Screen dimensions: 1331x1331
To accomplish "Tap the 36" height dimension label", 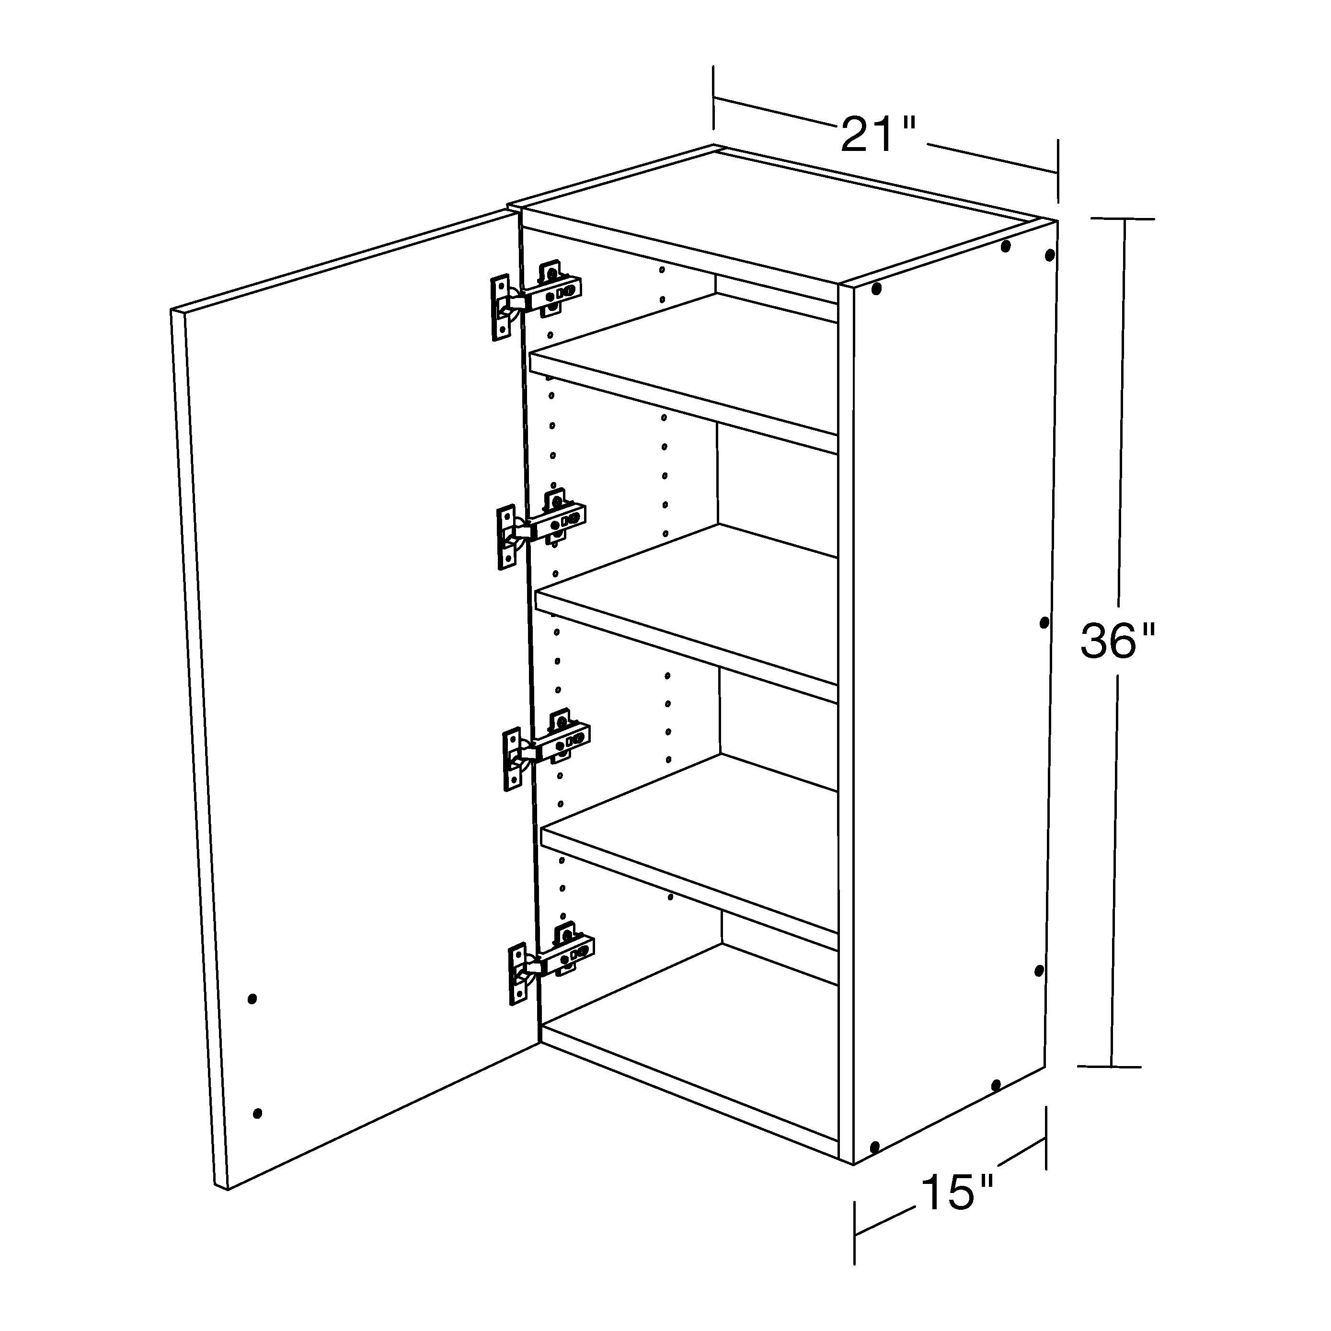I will tap(1116, 641).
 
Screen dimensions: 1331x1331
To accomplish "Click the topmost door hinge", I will tap(538, 298).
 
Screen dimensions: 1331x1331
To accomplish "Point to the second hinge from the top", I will tap(542, 525).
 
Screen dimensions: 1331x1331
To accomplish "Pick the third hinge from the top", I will tap(548, 747).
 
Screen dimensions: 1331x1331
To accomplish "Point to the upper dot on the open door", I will tap(252, 998).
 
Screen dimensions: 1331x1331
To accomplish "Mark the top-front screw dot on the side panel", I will tap(876, 288).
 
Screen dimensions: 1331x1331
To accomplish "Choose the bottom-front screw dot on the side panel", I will tap(875, 1147).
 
